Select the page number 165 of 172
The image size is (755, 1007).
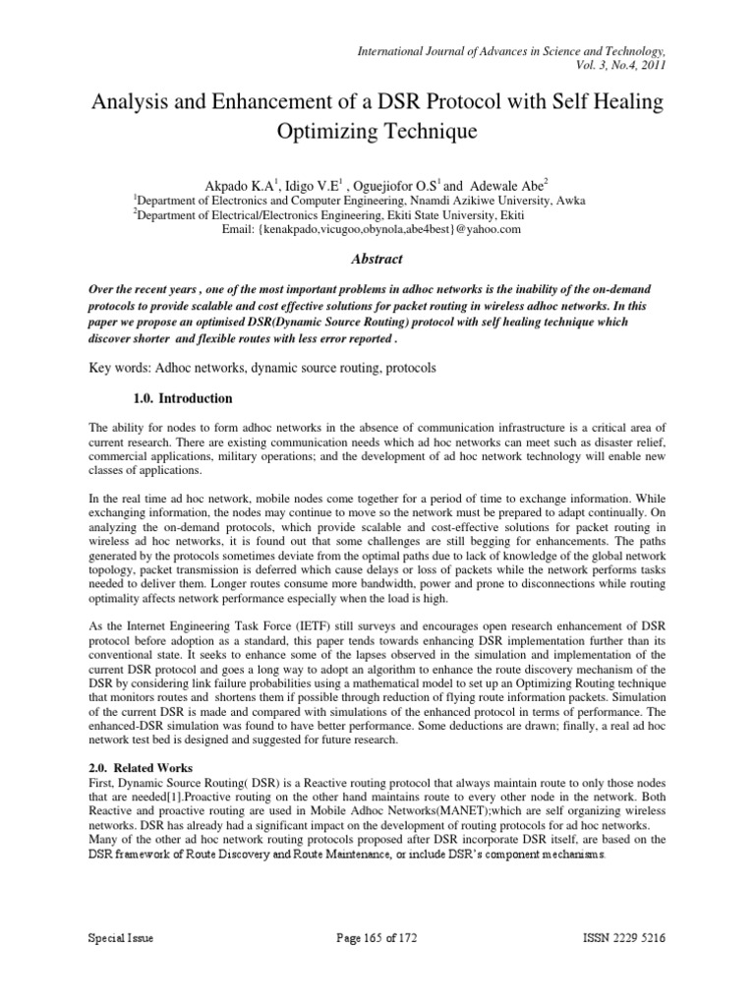pos(377,967)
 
